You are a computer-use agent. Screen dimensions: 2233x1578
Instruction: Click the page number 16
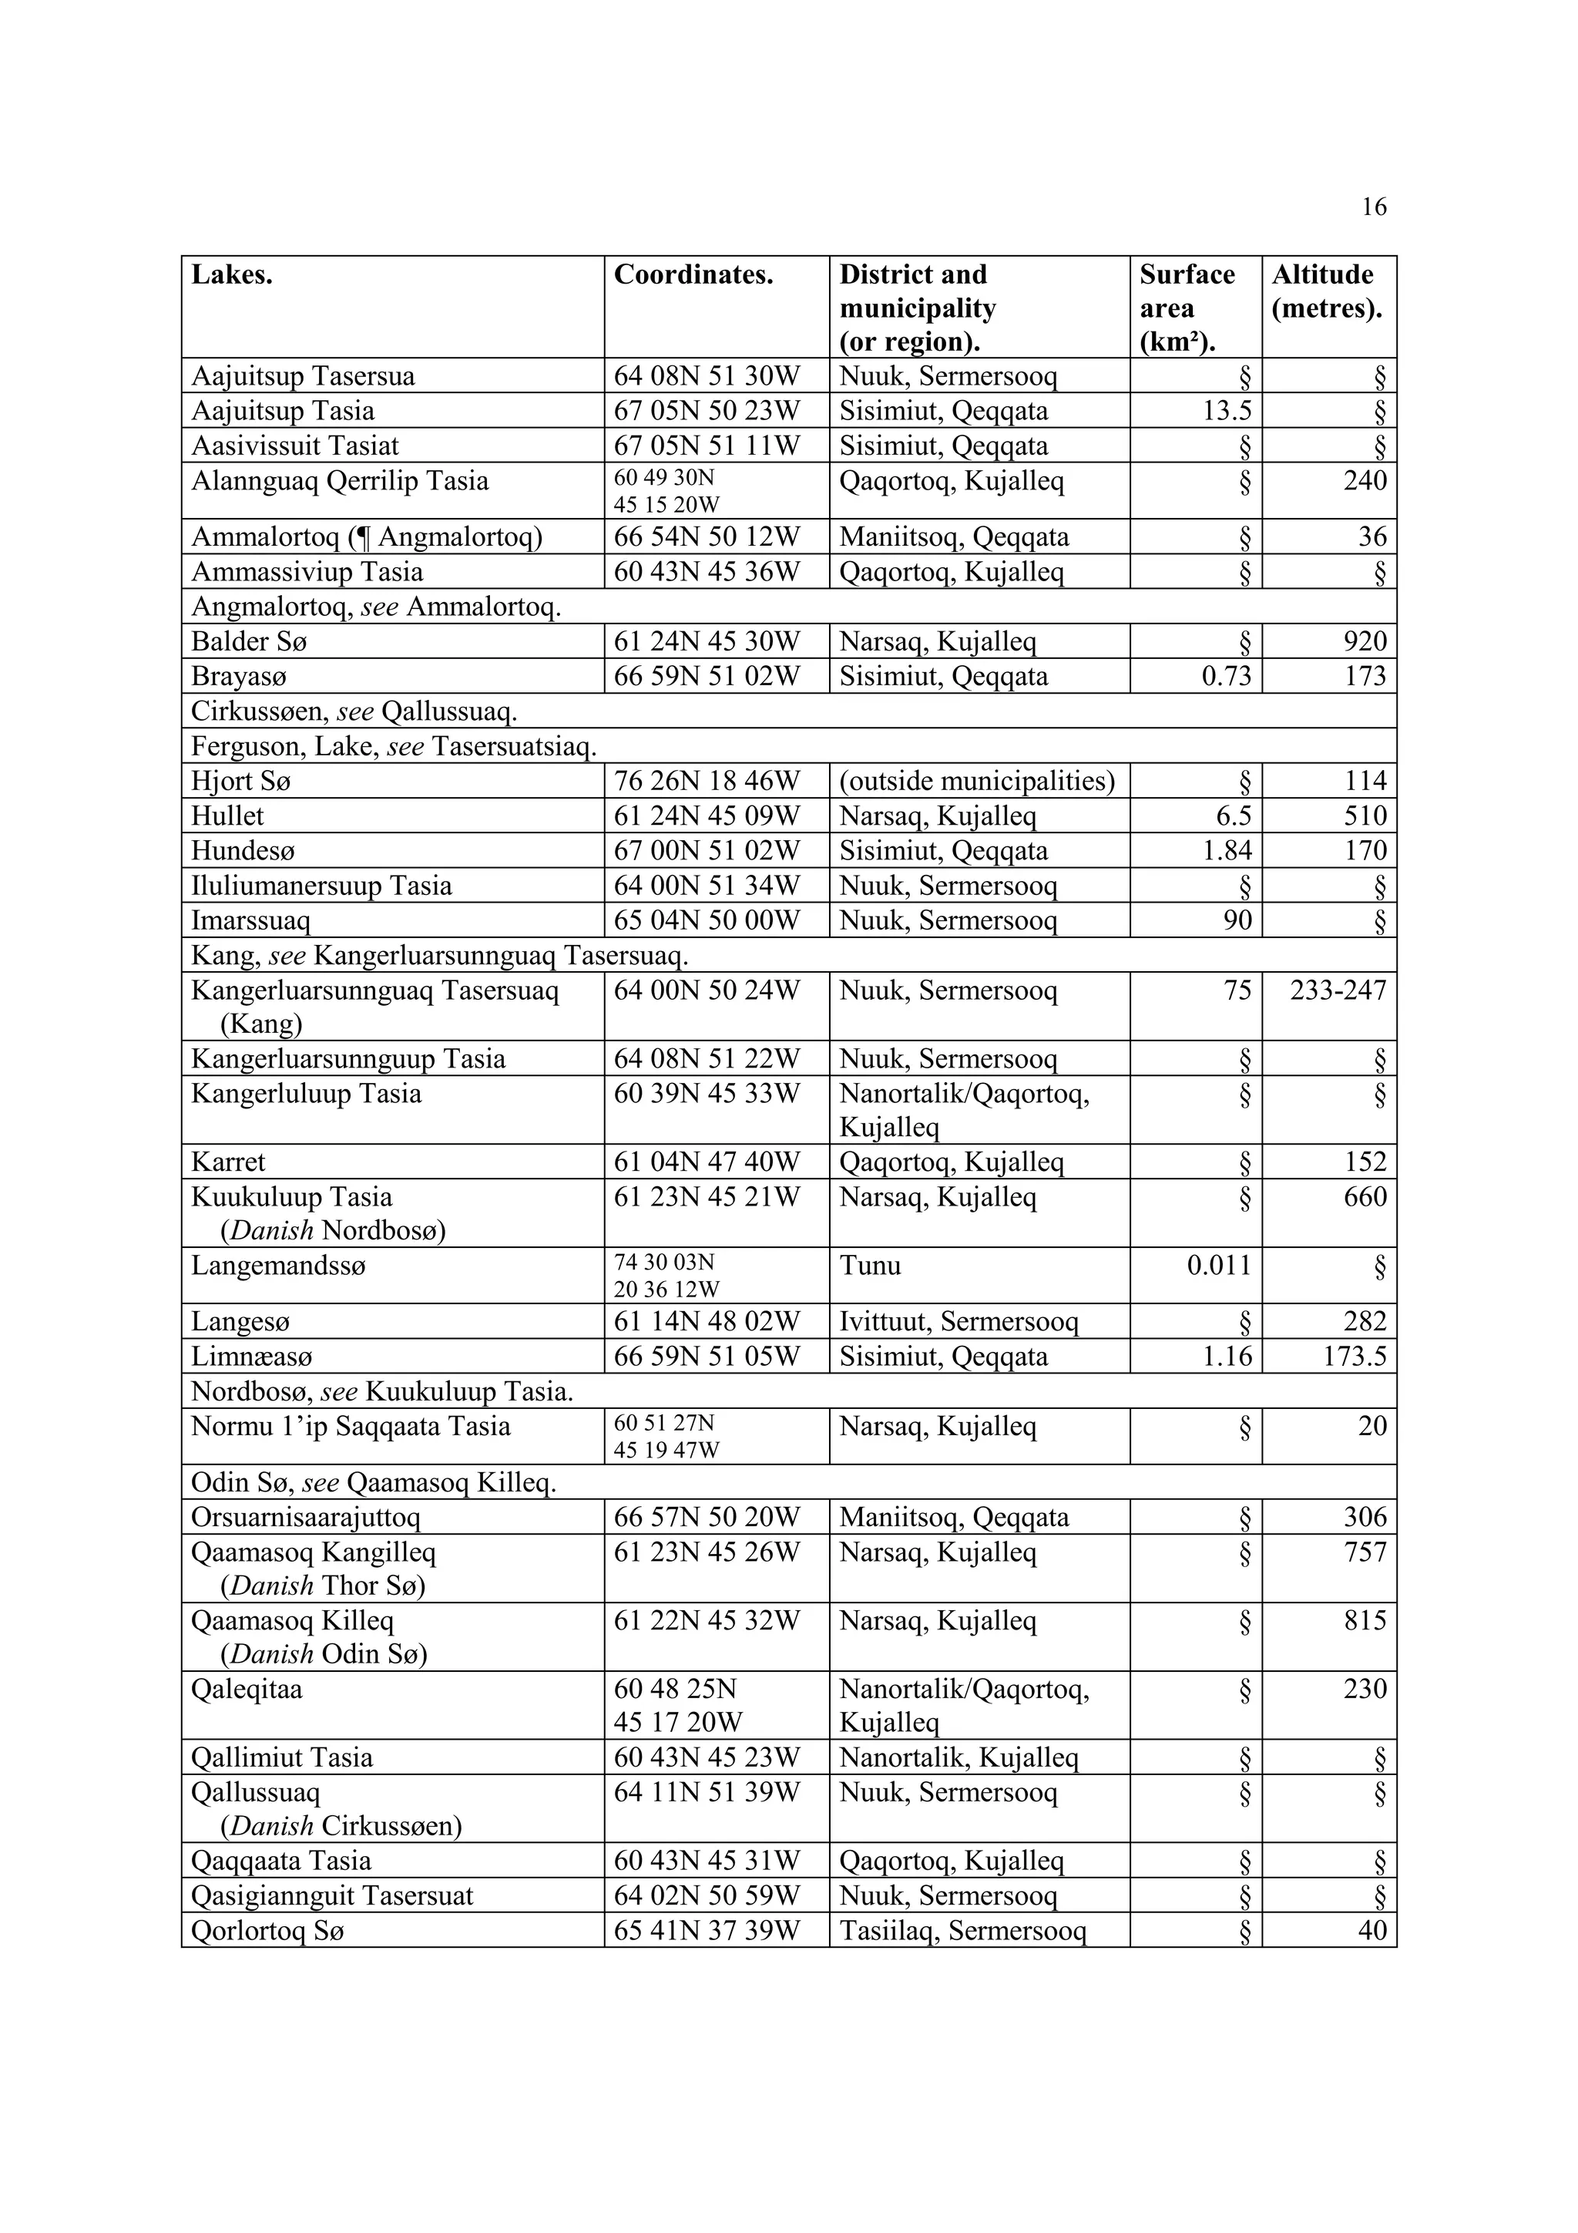[x=1373, y=207]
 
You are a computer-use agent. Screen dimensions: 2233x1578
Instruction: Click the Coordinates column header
[x=693, y=275]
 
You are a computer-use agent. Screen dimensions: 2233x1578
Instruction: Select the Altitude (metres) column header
[x=1326, y=292]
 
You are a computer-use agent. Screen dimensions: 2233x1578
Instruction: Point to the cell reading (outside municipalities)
[x=976, y=781]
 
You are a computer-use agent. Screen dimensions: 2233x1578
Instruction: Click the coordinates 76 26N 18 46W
[x=706, y=781]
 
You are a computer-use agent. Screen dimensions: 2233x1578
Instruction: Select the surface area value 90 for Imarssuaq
[x=1237, y=920]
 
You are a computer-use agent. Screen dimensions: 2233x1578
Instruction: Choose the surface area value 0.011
[x=1219, y=1266]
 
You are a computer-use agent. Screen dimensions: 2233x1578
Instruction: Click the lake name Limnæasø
[x=252, y=1357]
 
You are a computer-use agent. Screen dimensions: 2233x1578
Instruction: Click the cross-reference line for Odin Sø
[x=374, y=1483]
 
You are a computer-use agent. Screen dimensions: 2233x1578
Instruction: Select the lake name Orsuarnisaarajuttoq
[x=305, y=1517]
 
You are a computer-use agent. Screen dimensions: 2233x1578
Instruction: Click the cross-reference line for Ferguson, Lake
[x=393, y=747]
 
